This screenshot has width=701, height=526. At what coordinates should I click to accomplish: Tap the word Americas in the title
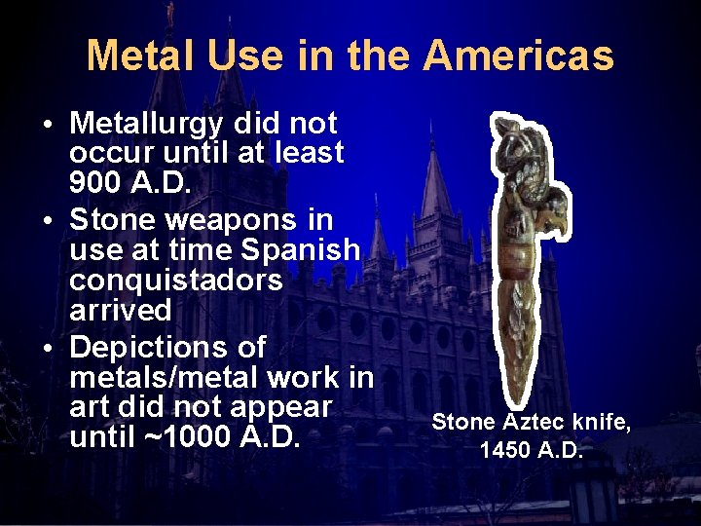tap(519, 56)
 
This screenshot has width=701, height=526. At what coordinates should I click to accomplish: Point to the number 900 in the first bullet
tap(93, 182)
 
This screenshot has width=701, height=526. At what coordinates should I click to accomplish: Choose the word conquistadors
tap(176, 281)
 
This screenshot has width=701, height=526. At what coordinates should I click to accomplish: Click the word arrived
tap(121, 311)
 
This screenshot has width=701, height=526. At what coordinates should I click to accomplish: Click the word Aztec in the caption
tap(535, 422)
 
